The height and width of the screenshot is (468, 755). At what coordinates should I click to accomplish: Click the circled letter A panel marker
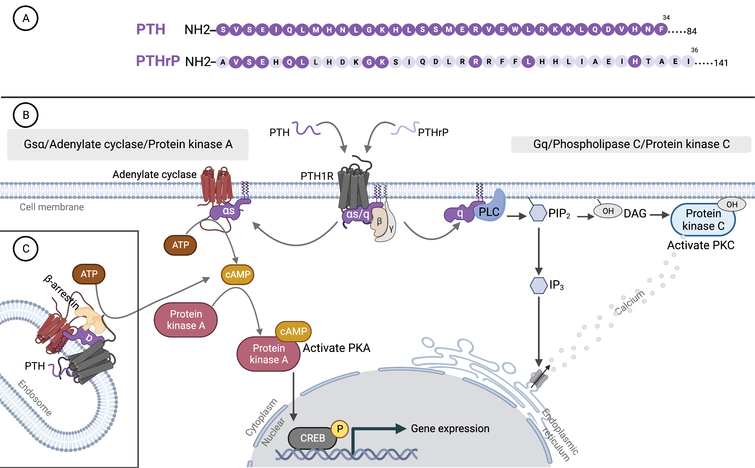[x=26, y=18]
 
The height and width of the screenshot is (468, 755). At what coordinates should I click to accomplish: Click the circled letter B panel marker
[x=26, y=115]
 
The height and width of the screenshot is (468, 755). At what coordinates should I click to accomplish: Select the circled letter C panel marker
[x=26, y=248]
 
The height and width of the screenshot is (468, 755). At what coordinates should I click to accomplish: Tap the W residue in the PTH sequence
[x=515, y=30]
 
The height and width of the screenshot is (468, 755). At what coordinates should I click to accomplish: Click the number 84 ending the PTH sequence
[x=691, y=31]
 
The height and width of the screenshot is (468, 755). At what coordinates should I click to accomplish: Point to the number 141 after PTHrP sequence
[x=721, y=63]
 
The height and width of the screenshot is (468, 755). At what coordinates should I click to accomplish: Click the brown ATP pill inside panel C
[x=89, y=274]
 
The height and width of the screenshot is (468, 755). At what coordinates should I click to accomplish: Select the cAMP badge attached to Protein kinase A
[x=293, y=331]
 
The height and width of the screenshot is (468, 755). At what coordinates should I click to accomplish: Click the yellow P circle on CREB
[x=340, y=429]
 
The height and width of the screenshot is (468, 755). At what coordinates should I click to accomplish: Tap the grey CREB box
[x=312, y=438]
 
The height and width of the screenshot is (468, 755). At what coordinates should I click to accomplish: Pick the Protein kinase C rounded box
[x=703, y=220]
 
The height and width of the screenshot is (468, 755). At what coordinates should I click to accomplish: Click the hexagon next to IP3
[x=538, y=285]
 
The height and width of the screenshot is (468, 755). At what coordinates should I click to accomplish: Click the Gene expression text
[x=450, y=429]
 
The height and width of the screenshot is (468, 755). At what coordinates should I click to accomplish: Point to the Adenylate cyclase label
[x=154, y=175]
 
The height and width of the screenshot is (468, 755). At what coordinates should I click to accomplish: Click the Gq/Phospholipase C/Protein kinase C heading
[x=631, y=144]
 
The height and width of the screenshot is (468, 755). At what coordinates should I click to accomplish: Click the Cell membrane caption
[x=52, y=207]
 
